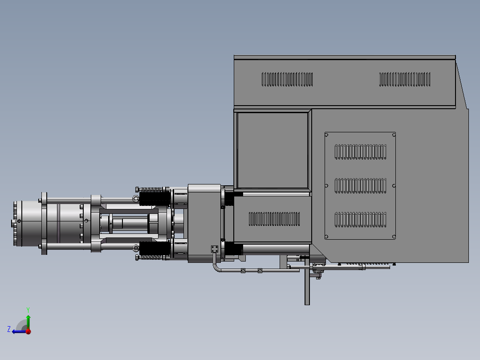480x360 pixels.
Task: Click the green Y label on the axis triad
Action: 28,310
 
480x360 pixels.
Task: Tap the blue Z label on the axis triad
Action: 9,329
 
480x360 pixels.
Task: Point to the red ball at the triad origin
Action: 28,331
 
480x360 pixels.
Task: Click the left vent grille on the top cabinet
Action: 287,79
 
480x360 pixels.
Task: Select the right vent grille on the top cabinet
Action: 405,79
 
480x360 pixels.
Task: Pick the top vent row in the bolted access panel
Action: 360,152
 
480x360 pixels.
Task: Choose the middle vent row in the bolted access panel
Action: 360,186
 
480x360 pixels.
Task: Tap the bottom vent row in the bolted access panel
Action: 360,220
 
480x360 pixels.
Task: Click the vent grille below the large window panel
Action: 274,219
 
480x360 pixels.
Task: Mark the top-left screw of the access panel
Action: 326,135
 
